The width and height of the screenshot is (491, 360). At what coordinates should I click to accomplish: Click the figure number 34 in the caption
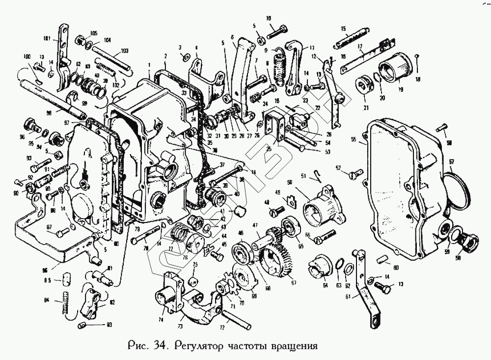(158, 345)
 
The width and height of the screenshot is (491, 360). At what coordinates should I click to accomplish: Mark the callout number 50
(290, 183)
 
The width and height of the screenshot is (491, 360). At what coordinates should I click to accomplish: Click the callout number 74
(161, 320)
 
